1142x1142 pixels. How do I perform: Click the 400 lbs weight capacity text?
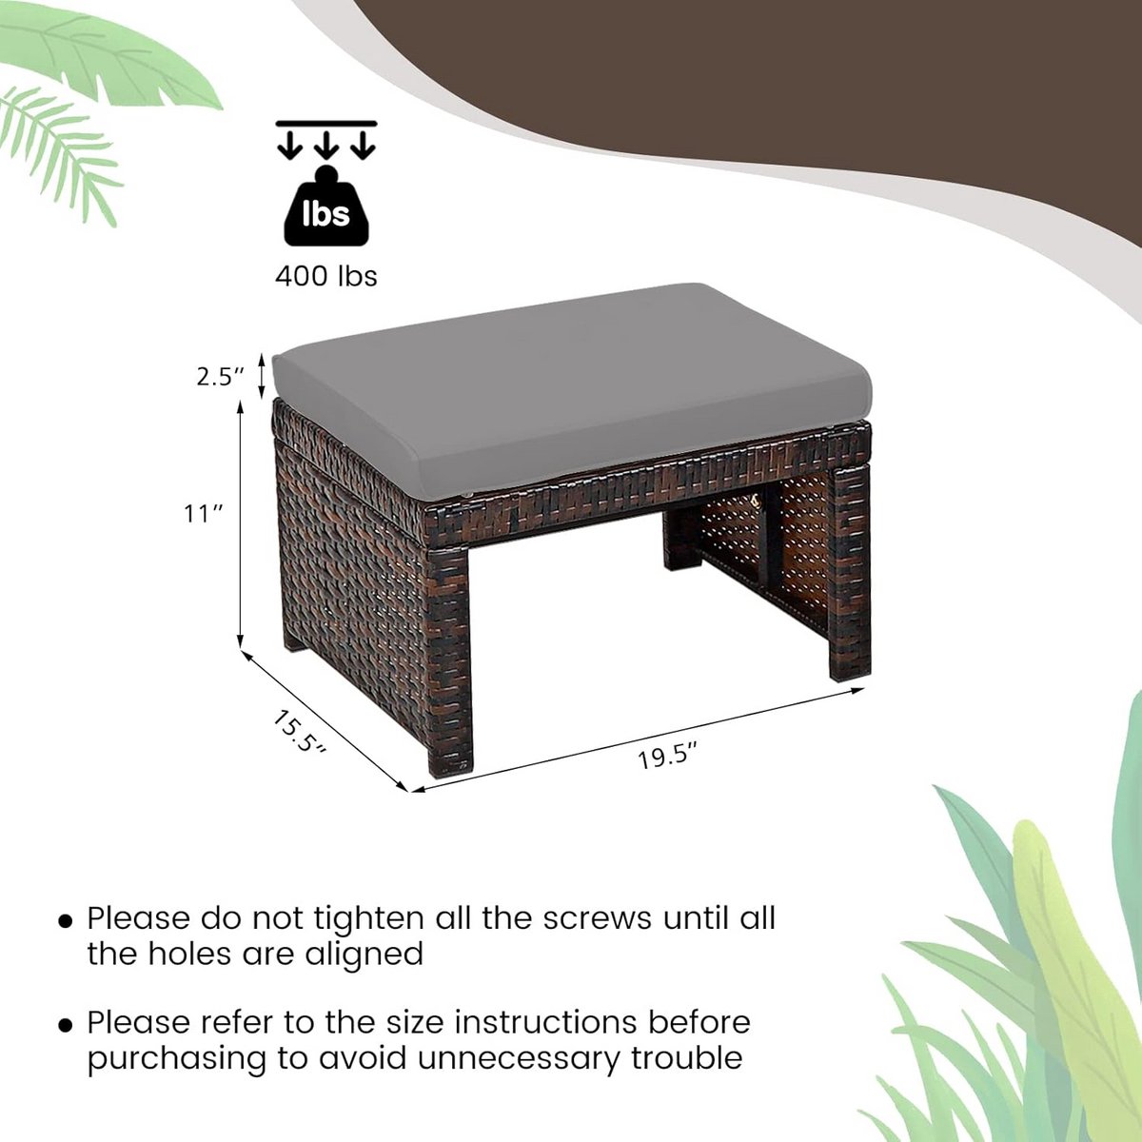[326, 276]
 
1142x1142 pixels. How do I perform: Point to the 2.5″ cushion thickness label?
[221, 377]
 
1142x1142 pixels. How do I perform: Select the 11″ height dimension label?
[204, 513]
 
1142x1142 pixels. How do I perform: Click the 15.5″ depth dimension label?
[299, 733]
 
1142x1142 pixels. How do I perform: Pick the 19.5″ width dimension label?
[667, 758]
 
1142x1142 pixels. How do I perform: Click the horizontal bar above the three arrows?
[326, 124]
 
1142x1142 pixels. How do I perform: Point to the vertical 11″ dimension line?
[240, 525]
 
